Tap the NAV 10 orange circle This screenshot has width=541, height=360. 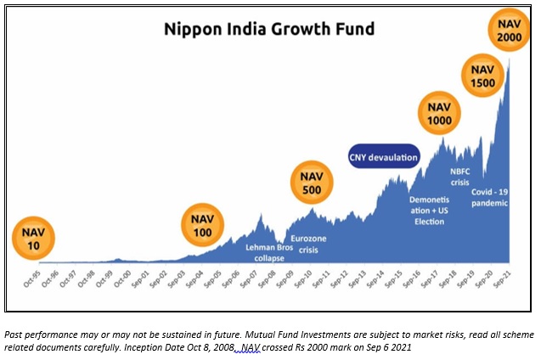click(x=32, y=236)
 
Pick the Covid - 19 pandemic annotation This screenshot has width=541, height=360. click(x=489, y=198)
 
